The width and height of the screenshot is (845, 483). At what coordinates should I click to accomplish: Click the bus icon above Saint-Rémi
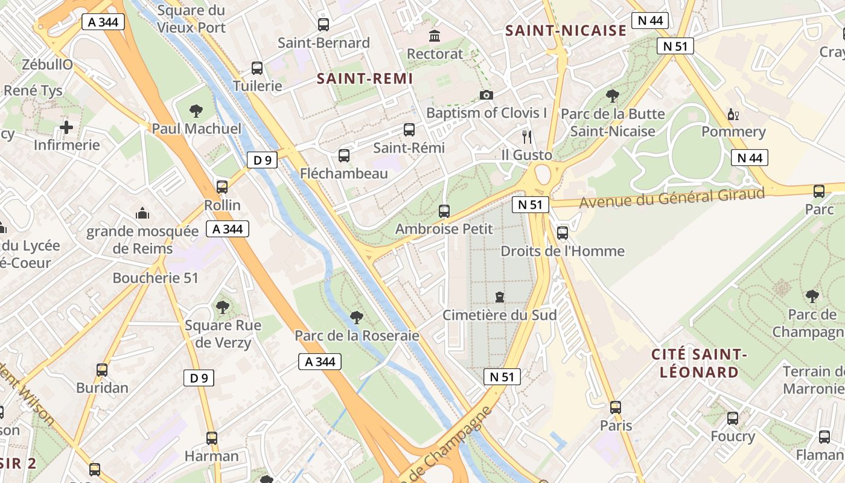(409, 129)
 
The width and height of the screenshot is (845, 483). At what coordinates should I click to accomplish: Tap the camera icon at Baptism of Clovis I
(486, 95)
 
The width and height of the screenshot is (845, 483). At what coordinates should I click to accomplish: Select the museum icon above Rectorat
(435, 36)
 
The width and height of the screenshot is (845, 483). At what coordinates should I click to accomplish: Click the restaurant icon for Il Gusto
(527, 137)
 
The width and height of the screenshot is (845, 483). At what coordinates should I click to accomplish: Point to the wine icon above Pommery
(733, 114)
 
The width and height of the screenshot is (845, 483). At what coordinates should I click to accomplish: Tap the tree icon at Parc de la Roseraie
(357, 317)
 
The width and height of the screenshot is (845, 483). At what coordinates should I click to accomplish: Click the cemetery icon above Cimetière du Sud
(499, 297)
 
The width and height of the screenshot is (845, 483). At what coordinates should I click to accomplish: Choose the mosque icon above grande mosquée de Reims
(142, 213)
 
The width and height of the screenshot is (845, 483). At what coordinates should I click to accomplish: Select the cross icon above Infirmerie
(66, 127)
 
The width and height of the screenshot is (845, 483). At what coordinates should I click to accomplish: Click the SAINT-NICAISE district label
(566, 31)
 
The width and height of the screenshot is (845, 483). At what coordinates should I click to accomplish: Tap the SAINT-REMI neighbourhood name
(365, 78)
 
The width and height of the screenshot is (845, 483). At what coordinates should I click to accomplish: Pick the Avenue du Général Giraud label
(672, 198)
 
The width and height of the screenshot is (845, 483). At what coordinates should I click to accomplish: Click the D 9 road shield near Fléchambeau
(262, 160)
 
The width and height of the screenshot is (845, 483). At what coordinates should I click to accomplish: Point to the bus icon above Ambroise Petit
(444, 211)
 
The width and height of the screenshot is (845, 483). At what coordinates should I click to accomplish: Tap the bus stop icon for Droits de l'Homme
(563, 232)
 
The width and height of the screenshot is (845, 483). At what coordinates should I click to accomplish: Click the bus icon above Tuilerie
(257, 68)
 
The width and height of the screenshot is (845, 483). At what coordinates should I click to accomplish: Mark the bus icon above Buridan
(102, 369)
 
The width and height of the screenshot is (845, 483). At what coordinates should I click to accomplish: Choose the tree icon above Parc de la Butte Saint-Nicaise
(613, 95)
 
